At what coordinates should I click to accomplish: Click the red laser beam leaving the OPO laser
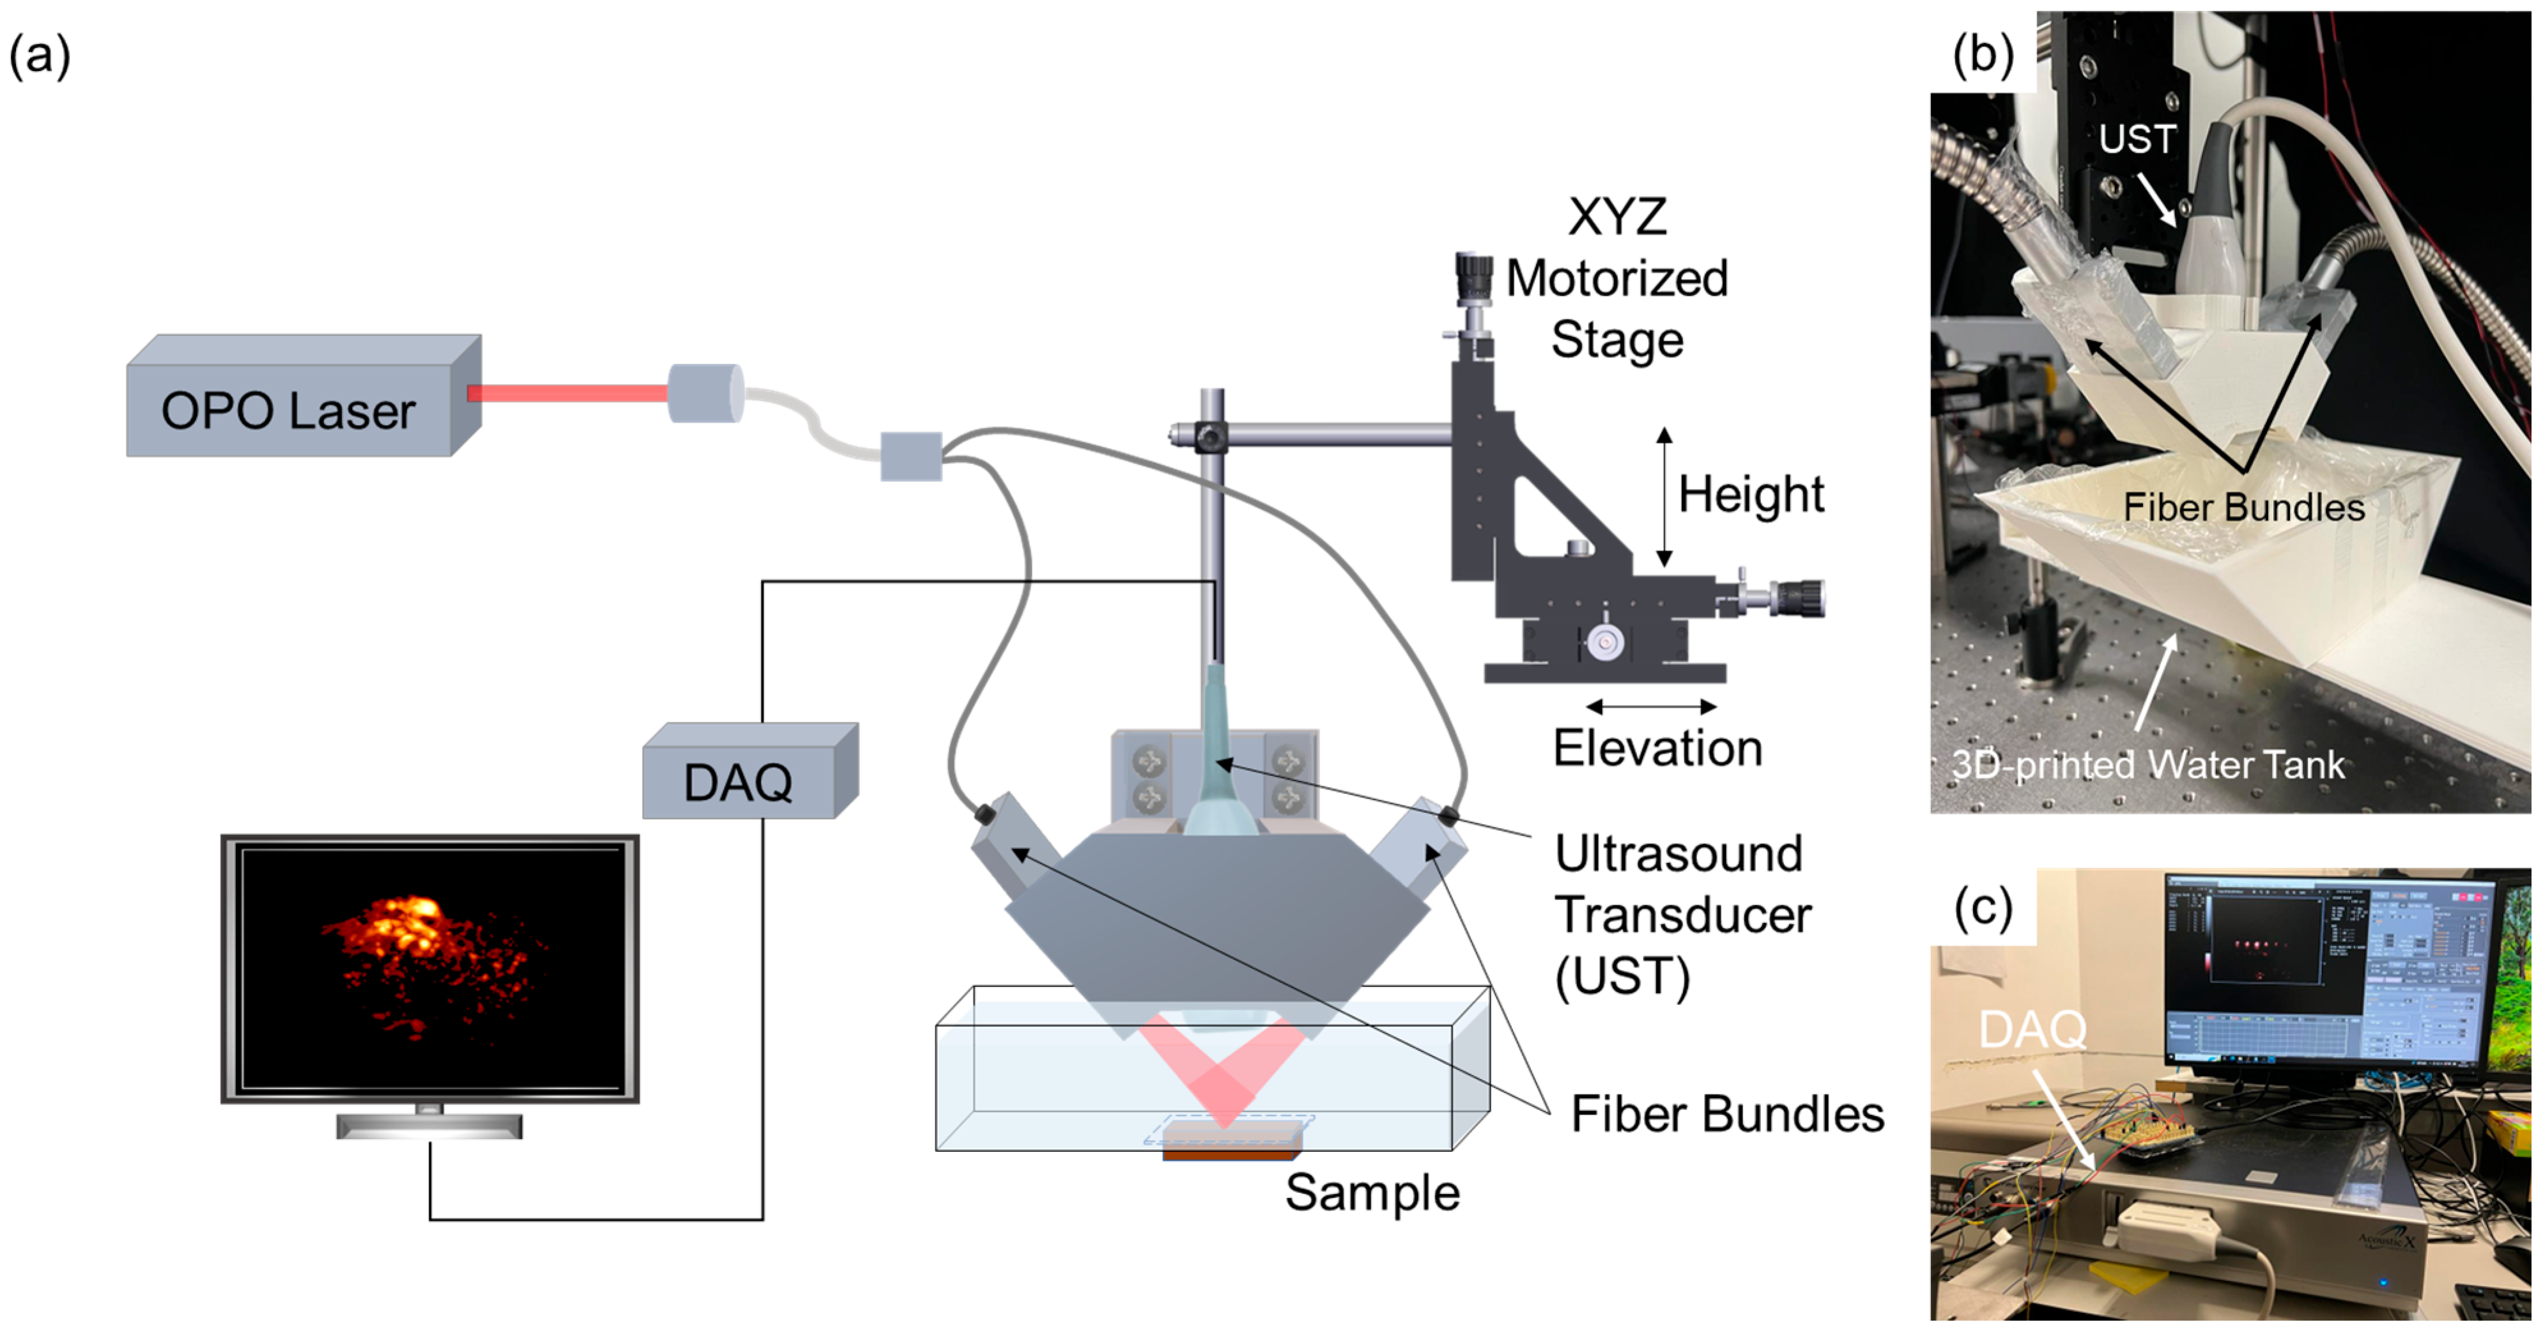tap(567, 393)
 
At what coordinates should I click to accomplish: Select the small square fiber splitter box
tap(910, 456)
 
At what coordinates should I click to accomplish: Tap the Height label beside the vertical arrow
tap(1750, 493)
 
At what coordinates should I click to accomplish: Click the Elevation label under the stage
tap(1657, 747)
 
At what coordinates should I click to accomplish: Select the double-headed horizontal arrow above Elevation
tap(1650, 706)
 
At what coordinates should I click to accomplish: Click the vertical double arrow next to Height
tap(1664, 497)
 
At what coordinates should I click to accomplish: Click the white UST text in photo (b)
tap(2136, 139)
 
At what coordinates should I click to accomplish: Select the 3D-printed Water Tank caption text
tap(2147, 765)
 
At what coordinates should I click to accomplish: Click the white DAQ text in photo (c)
tap(2032, 1030)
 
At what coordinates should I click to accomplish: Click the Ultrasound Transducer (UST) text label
tap(1681, 914)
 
